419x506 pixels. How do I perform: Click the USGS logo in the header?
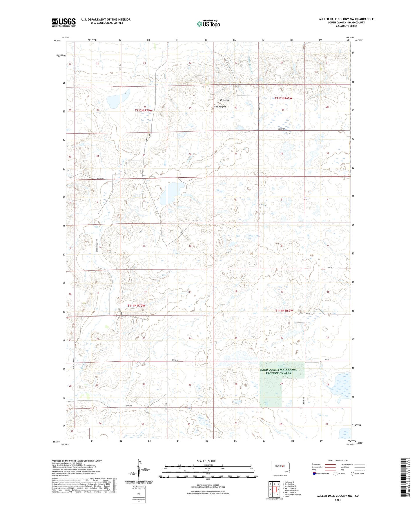[64, 22]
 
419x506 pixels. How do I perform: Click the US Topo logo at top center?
[208, 24]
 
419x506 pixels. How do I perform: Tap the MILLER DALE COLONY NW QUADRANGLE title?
[346, 19]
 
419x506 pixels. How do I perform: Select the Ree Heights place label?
[220, 107]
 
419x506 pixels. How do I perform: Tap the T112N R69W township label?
[283, 98]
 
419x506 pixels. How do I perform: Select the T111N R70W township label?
[136, 306]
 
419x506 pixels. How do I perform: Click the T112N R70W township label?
[143, 110]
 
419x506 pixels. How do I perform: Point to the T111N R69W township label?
[284, 311]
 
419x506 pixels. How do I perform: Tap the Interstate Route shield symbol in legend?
[314, 474]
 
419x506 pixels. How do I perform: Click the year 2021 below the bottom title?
[338, 500]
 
